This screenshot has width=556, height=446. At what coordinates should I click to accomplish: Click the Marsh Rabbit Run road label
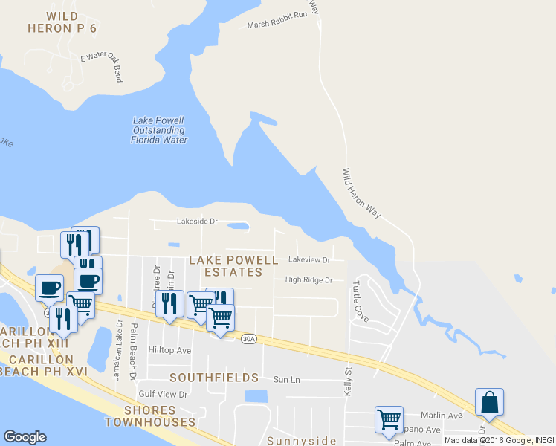click(x=277, y=25)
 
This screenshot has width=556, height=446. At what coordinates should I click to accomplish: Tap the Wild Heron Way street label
click(x=361, y=193)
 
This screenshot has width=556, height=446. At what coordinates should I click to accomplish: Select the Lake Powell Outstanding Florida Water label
click(x=158, y=130)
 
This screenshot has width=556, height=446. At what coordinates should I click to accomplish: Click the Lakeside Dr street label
click(x=196, y=221)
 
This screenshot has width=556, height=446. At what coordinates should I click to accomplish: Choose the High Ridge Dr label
click(x=308, y=280)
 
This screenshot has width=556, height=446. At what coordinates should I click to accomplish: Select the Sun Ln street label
click(x=286, y=379)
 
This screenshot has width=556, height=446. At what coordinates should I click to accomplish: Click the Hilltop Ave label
click(x=170, y=350)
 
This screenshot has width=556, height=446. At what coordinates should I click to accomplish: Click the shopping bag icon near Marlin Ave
click(x=490, y=402)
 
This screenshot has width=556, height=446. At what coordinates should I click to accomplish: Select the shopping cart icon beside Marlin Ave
click(x=389, y=419)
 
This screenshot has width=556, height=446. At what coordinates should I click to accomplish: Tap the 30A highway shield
click(x=248, y=339)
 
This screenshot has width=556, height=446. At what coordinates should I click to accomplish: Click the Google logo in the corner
click(x=25, y=437)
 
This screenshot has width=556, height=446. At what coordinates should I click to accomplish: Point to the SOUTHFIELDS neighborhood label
click(x=214, y=378)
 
